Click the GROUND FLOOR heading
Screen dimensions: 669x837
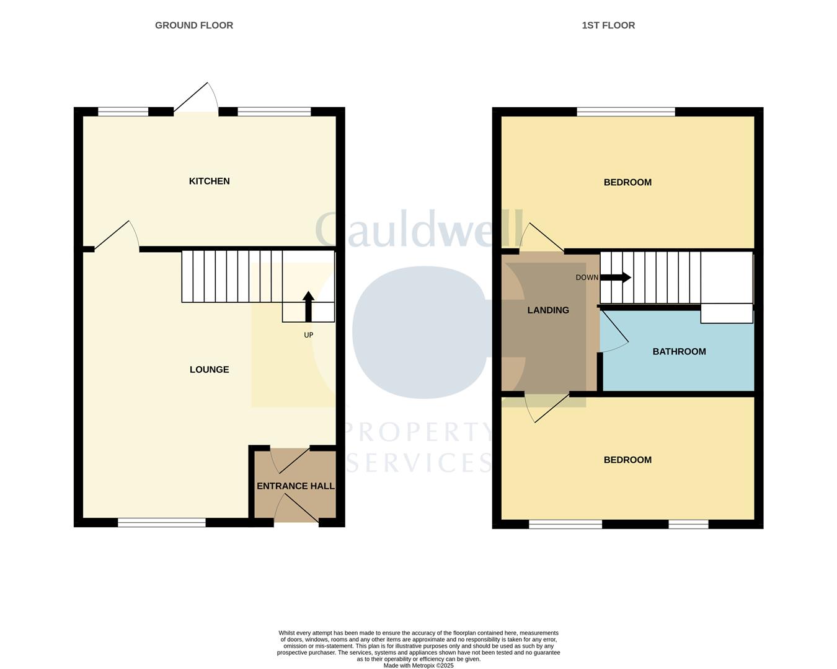[194, 25]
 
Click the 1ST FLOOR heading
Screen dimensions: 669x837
[608, 25]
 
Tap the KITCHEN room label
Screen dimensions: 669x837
[209, 181]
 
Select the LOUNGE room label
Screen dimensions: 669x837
[209, 369]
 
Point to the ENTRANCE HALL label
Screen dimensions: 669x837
[296, 486]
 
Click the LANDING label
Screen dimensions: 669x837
[548, 310]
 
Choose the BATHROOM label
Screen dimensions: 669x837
[679, 351]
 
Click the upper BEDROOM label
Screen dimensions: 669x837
[627, 182]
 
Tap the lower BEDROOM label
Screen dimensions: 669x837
[627, 460]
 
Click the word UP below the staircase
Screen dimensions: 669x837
[308, 335]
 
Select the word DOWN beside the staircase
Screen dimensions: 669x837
[587, 278]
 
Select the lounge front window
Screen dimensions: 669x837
[161, 523]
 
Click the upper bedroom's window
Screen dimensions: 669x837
[626, 112]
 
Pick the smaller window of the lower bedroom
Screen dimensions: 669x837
[688, 524]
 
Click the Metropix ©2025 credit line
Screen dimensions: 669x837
[418, 666]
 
